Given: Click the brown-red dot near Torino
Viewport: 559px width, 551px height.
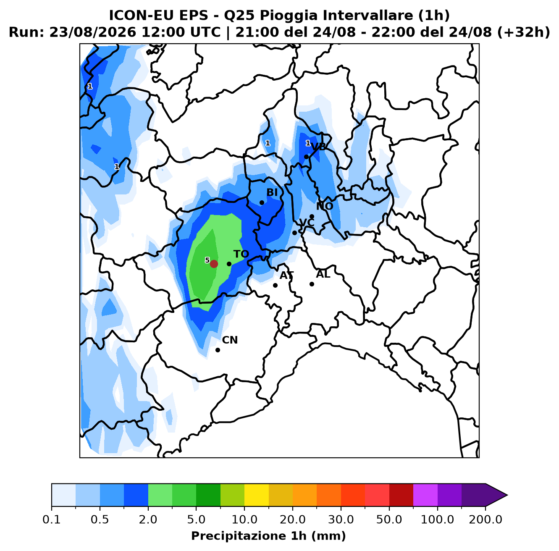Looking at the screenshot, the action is coord(214,264).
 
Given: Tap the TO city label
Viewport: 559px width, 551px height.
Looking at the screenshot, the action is coord(241,254).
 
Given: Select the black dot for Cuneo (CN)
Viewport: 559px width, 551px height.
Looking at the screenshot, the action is coord(218,350).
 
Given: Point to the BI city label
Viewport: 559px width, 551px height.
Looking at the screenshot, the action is coord(272,192).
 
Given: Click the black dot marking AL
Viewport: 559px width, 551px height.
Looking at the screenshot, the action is coord(312,284).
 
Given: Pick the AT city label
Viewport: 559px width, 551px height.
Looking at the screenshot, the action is coord(286,275).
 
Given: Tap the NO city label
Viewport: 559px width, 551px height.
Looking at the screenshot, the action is coord(325,206).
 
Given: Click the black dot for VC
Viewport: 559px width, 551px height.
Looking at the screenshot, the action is coord(294,233).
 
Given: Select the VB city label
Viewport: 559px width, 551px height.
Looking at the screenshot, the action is coord(318,147).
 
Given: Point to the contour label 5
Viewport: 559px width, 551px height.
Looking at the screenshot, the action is coord(207,260).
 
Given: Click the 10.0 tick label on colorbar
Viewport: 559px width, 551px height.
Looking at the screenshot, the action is coord(244,520).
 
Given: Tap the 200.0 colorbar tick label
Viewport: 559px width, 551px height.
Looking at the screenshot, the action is coord(486,520).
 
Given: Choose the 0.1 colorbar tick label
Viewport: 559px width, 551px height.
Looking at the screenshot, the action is coord(52,520).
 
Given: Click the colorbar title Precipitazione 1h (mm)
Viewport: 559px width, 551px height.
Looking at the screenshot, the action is coord(268,536).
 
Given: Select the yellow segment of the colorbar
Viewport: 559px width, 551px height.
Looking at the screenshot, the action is coord(257,495).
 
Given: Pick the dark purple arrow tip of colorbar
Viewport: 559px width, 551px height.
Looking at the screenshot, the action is coord(507,495).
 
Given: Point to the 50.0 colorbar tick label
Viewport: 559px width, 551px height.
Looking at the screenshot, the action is coord(389,520).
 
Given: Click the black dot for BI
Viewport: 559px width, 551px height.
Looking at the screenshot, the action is coord(261,202).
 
